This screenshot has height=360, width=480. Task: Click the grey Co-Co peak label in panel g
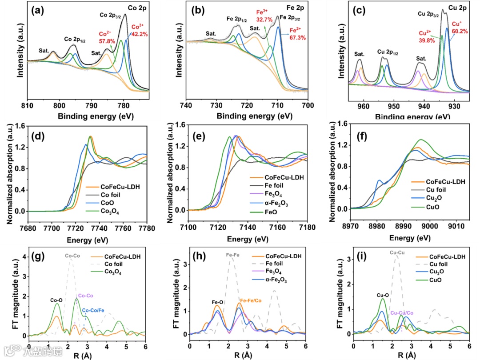72,256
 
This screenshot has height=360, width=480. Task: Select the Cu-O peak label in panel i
383,294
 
